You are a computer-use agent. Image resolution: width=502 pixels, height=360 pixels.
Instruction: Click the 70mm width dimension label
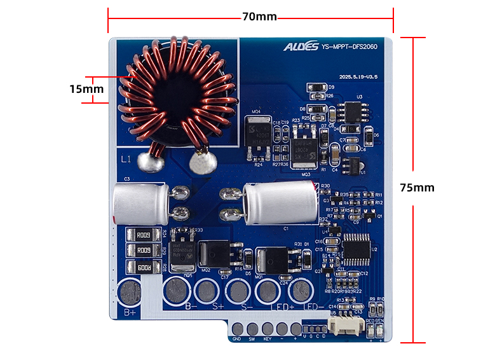259,17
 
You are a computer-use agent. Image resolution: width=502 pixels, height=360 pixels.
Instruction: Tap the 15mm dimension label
86,89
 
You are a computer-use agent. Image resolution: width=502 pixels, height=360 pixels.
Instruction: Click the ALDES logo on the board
301,46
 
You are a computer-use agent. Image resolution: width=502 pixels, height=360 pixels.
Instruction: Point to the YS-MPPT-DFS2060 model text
350,46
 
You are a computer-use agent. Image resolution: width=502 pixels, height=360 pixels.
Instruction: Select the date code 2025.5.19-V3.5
359,76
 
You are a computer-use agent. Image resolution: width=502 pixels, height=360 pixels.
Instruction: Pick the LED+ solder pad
267,292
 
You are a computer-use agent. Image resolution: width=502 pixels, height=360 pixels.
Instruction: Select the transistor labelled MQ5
183,250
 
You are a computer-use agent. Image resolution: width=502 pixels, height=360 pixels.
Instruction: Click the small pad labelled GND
237,329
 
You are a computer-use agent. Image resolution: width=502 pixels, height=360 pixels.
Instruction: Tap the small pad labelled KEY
268,329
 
